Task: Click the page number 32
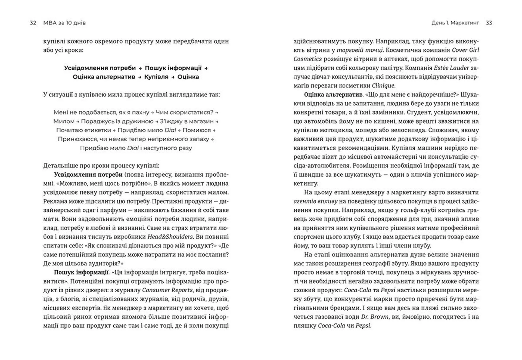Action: pos(33,23)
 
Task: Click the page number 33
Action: pos(489,23)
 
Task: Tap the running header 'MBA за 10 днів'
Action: pos(64,23)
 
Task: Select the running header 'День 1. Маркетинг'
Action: pos(455,23)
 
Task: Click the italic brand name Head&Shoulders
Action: pos(170,237)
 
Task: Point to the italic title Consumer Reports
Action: pos(167,290)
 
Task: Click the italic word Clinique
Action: pos(383,86)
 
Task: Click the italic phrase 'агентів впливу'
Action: pos(315,201)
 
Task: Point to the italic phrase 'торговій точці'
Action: pos(360,50)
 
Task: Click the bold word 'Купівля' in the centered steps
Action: pos(156,77)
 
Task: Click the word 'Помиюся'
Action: pos(197,130)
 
